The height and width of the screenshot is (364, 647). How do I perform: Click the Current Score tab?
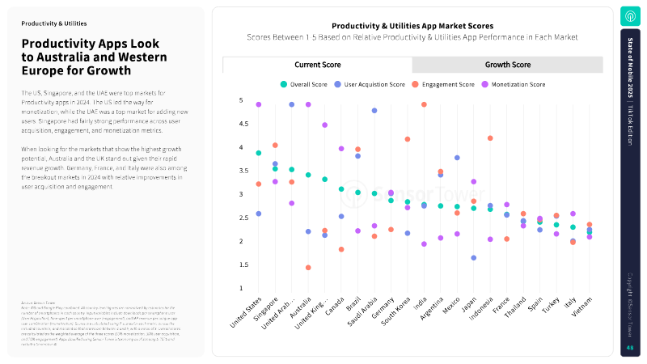coord(317,65)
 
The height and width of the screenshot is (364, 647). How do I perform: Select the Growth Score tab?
coord(507,65)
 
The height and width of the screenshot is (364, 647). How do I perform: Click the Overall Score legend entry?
coord(303,84)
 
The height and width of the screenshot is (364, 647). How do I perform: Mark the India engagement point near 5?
coord(424,104)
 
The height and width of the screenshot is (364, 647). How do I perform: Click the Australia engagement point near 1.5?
coord(308,267)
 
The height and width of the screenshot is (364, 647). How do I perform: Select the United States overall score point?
coord(258,153)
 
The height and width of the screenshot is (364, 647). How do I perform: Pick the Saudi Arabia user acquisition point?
coord(374,111)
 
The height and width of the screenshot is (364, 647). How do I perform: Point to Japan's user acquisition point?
coord(473,258)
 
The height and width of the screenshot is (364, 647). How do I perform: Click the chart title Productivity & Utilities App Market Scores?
coord(412,26)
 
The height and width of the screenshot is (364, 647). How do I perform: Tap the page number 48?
coord(629,348)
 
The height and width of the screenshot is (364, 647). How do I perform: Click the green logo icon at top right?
coord(629,16)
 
